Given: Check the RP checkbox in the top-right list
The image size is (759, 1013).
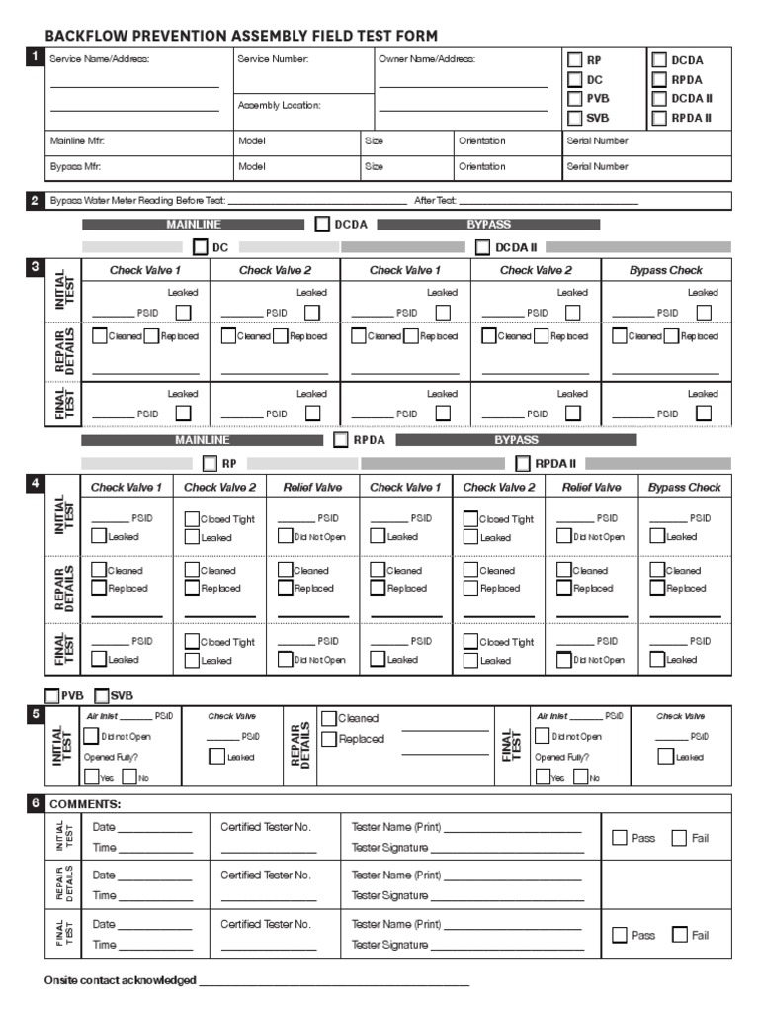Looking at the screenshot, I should [x=574, y=60].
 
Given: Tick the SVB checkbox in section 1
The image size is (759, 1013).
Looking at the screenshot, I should [x=574, y=118].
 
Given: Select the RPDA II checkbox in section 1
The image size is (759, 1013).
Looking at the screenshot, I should [x=659, y=118].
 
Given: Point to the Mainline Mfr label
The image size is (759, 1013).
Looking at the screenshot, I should [x=77, y=140].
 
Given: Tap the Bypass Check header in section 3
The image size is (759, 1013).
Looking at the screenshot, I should [x=666, y=270].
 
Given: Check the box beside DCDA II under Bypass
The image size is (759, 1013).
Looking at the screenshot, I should [x=484, y=246].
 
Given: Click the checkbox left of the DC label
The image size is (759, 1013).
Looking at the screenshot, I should [x=201, y=246].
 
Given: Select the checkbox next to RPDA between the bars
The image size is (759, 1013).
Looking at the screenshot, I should [x=341, y=440].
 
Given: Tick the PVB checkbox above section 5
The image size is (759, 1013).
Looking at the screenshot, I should [x=51, y=695].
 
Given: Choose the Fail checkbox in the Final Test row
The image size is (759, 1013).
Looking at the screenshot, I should [x=679, y=935].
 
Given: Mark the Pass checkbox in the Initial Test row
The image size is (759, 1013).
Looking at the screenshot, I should [x=620, y=838].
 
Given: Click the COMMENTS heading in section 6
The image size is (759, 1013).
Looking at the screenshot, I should [x=85, y=804].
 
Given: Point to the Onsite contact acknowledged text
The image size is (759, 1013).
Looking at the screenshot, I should [x=120, y=980].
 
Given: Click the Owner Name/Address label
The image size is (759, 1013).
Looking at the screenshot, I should [x=427, y=59].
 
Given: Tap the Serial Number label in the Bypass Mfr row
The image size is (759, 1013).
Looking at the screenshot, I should [x=597, y=166].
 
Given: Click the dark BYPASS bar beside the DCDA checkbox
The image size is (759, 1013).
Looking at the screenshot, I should [x=488, y=225].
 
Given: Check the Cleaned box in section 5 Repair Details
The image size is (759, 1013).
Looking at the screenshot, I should [x=328, y=718].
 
